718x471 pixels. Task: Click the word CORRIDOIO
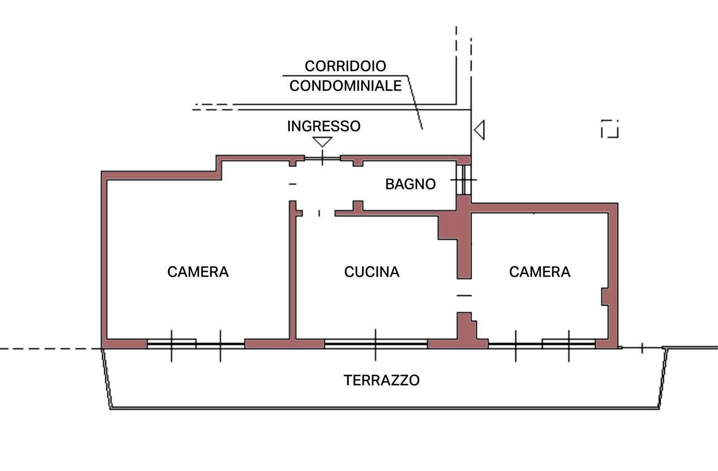click(x=345, y=66)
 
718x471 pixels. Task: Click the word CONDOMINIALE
click(x=345, y=86)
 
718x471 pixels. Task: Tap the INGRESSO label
click(x=324, y=126)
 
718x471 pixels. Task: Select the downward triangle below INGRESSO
click(x=322, y=142)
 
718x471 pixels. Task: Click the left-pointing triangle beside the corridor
click(x=480, y=130)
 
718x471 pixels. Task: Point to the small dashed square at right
click(x=609, y=129)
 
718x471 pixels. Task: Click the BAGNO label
click(x=410, y=184)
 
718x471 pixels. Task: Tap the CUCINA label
click(x=372, y=272)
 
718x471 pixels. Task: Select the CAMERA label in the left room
click(x=198, y=272)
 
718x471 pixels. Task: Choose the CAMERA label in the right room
click(x=539, y=272)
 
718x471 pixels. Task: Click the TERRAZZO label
click(x=381, y=380)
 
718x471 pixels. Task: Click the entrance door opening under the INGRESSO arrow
click(x=322, y=158)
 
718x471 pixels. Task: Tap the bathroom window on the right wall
click(x=464, y=179)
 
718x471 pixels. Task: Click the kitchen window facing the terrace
click(x=376, y=344)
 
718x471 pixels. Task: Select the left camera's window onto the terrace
click(x=196, y=344)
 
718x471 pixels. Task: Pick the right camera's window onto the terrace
click(x=542, y=344)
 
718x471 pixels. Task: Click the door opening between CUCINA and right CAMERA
click(x=464, y=296)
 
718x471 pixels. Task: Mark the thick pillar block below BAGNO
click(x=454, y=227)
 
